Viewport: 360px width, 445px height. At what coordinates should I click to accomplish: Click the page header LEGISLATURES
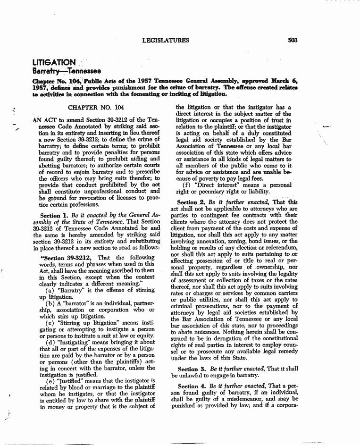coord(165,41)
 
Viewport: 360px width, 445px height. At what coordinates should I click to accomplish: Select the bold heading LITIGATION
coord(54,62)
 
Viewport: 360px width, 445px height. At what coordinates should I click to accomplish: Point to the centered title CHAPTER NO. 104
coord(92,108)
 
